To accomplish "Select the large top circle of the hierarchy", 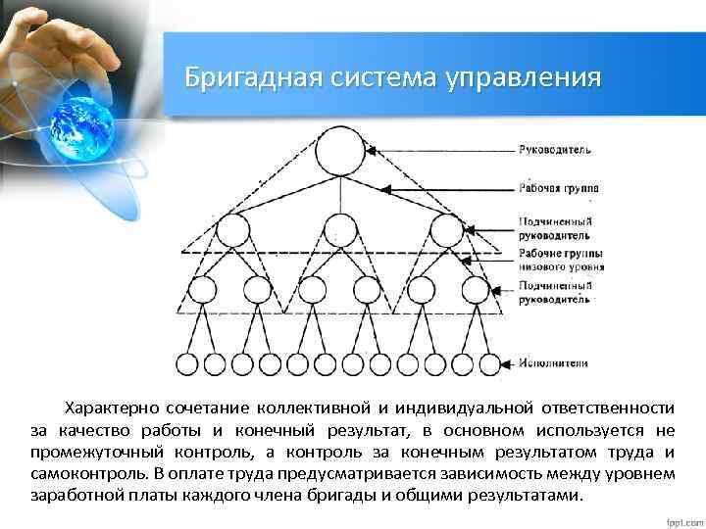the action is pyautogui.click(x=340, y=151).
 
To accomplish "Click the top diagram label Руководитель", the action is pyautogui.click(x=555, y=150).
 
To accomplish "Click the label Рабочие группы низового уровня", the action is pyautogui.click(x=561, y=260).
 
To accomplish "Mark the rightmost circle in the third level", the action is pyautogui.click(x=476, y=290).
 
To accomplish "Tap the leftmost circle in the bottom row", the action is pyautogui.click(x=185, y=363).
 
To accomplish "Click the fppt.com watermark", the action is pyautogui.click(x=678, y=516).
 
